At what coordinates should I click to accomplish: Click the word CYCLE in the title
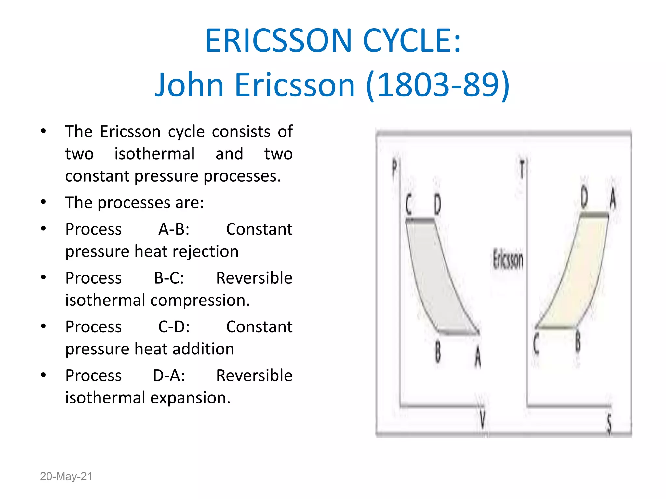412,41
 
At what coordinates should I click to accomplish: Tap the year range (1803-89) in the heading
438,85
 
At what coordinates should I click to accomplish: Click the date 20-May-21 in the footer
66,476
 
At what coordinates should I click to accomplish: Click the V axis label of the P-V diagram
482,419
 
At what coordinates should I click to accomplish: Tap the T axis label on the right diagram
522,169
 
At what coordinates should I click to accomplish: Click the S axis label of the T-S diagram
609,424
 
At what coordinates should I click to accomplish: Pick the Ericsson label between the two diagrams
508,260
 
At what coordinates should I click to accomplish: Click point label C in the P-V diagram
409,205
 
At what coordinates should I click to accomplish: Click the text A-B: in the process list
174,229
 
